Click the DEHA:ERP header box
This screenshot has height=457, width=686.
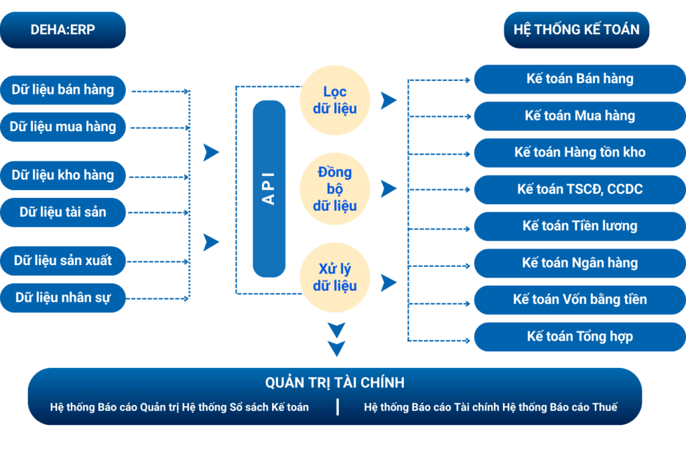coord(63,29)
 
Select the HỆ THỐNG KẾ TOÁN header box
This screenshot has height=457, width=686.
coord(576,29)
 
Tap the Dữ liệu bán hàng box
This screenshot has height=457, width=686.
coord(63,90)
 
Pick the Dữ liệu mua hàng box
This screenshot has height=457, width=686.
coord(63,126)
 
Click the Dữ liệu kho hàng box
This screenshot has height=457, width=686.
coord(63,175)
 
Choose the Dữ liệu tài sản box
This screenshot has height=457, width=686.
coord(63,212)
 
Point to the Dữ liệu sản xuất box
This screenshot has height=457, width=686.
coord(63,260)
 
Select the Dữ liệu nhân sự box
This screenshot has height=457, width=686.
coord(63,297)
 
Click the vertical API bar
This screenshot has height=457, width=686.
coord(269,189)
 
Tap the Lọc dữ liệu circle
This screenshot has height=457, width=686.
coord(335,100)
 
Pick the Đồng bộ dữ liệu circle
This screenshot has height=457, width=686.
coord(335,189)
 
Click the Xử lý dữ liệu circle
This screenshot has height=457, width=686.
coord(335,278)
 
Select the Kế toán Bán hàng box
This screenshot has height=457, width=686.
coord(579,79)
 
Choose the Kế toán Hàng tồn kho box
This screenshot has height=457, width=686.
coord(579,153)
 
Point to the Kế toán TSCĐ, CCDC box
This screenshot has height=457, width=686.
coord(579,189)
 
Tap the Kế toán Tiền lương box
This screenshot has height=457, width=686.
coord(579,226)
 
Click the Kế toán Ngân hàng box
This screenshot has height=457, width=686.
coord(579,263)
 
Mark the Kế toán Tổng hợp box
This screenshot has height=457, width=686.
coord(579,337)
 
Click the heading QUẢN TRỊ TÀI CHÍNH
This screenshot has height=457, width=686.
coord(335,383)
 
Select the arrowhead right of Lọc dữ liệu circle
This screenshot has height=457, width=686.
coord(388,101)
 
